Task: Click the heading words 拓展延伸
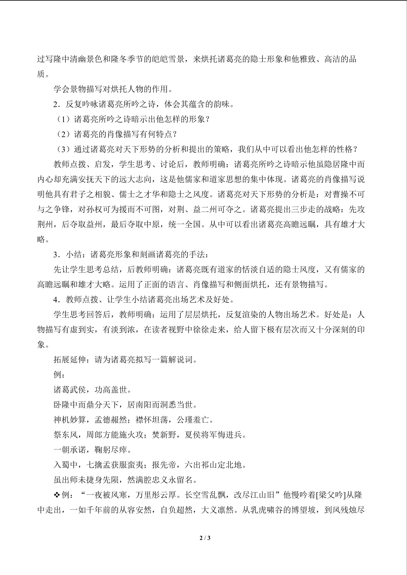point(70,360)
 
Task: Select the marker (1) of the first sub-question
point(63,119)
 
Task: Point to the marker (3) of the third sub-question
point(63,149)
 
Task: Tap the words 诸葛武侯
point(70,390)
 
